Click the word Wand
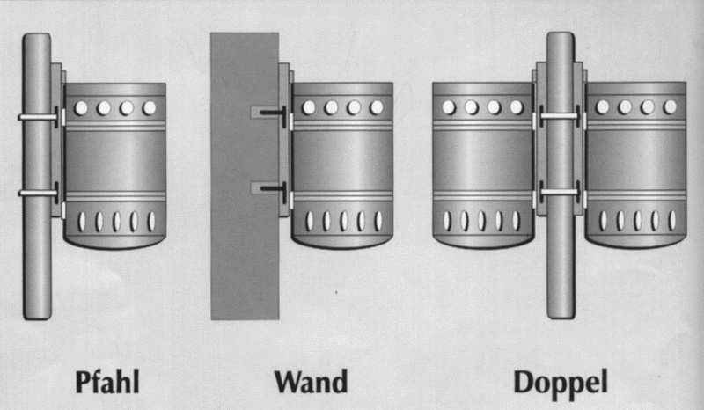pyautogui.click(x=312, y=382)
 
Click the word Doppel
pyautogui.click(x=561, y=384)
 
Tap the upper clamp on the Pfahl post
pyautogui.click(x=39, y=117)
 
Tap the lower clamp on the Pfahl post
pyautogui.click(x=39, y=193)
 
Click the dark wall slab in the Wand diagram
pyautogui.click(x=245, y=176)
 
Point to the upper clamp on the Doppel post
pyautogui.click(x=560, y=116)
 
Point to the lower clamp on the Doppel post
pyautogui.click(x=560, y=192)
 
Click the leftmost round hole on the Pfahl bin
pyautogui.click(x=81, y=108)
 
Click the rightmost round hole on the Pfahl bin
pyautogui.click(x=149, y=108)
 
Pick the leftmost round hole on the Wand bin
pyautogui.click(x=309, y=107)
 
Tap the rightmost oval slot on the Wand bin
pyautogui.click(x=378, y=221)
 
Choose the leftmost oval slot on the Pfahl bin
pyautogui.click(x=82, y=222)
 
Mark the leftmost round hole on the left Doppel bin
pyautogui.click(x=449, y=107)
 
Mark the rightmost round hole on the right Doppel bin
pyautogui.click(x=670, y=107)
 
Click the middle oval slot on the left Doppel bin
pyautogui.click(x=481, y=221)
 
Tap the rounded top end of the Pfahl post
pyautogui.click(x=37, y=37)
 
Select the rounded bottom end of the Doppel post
pyautogui.click(x=561, y=314)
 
